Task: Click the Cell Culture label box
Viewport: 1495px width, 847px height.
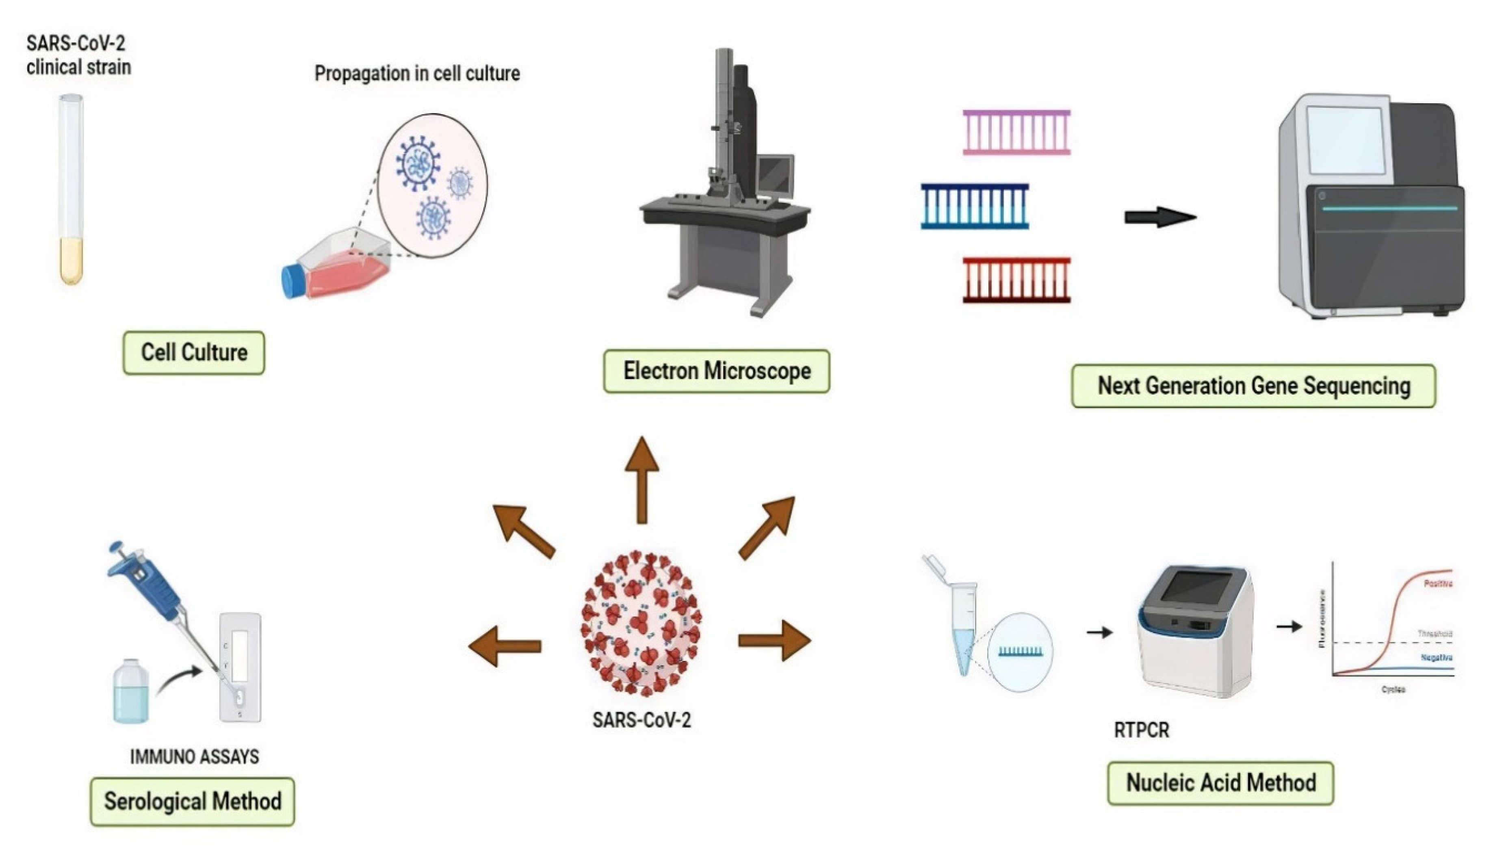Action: (194, 352)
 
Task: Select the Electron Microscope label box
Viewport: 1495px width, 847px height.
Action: (716, 371)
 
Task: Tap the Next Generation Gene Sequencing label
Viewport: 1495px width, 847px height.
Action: (1253, 386)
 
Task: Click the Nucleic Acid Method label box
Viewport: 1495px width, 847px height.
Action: (1220, 783)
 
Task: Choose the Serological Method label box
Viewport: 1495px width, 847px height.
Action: (193, 801)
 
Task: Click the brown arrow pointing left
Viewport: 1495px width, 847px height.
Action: (505, 646)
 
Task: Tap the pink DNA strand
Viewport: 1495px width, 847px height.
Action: (1016, 132)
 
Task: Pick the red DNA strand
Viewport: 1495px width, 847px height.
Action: (1016, 280)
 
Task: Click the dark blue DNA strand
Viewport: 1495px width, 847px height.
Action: (975, 206)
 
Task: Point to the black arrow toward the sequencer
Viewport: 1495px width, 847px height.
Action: (1159, 217)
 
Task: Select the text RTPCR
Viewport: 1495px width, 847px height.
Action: (1141, 730)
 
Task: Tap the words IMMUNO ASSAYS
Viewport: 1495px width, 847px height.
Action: (194, 756)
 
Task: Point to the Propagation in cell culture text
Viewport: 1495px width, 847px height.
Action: (417, 73)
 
